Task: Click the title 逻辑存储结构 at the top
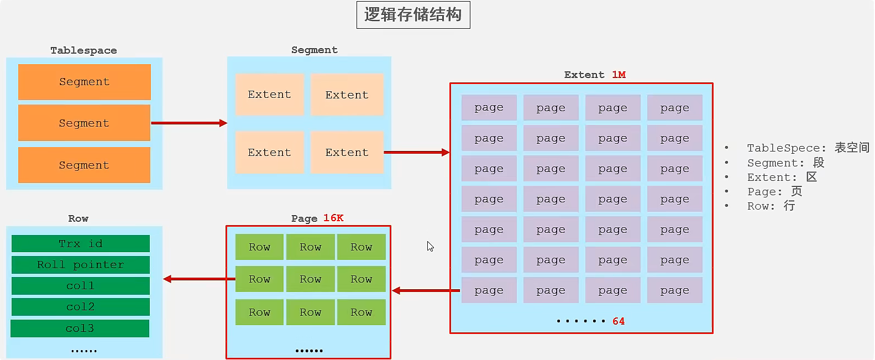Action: [413, 15]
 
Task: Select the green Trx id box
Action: [81, 244]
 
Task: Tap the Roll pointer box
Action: [81, 265]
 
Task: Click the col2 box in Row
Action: [81, 307]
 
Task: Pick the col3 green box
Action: [80, 328]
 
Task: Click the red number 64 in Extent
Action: [619, 321]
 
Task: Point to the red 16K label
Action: [333, 218]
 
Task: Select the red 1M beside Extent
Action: [619, 75]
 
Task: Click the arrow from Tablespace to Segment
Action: [189, 123]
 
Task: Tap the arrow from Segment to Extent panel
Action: [416, 152]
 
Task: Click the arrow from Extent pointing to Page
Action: [426, 290]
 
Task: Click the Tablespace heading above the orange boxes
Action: [83, 50]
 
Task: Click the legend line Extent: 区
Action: [782, 177]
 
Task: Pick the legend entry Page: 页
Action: [774, 191]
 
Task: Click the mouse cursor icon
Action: [430, 246]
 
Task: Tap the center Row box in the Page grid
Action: [310, 279]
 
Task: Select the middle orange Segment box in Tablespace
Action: [84, 123]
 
